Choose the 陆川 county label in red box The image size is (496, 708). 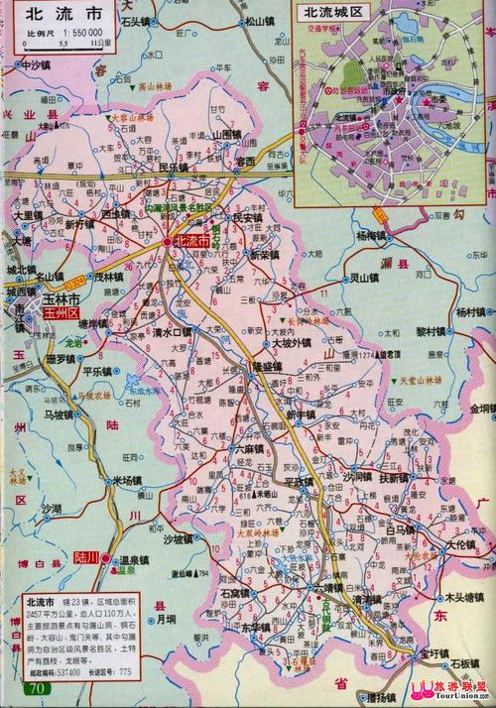[90, 558]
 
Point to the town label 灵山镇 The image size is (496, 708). [367, 278]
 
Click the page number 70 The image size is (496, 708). [37, 688]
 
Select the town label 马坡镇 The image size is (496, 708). [61, 414]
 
